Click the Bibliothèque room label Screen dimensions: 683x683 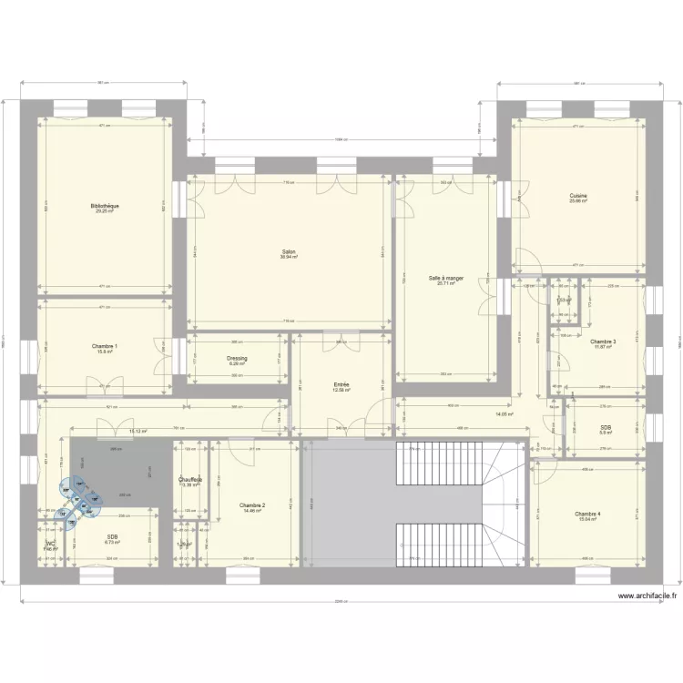click(105, 206)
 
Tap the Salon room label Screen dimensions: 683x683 click(288, 251)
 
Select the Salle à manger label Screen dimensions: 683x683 click(446, 278)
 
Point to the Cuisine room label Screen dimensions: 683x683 click(578, 196)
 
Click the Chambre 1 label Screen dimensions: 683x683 click(105, 346)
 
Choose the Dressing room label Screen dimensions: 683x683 click(237, 358)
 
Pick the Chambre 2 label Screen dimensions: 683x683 click(252, 505)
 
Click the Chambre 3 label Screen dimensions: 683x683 click(603, 341)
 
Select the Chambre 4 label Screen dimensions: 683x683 click(587, 514)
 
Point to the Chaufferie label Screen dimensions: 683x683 click(190, 479)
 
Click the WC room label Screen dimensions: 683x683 click(50, 544)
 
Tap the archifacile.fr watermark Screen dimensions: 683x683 click(648, 596)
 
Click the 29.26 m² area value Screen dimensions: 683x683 click(105, 211)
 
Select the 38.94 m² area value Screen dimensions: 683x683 click(288, 257)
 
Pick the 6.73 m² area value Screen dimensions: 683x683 click(112, 543)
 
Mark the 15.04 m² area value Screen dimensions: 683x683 click(587, 519)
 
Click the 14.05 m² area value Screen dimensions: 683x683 click(505, 414)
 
